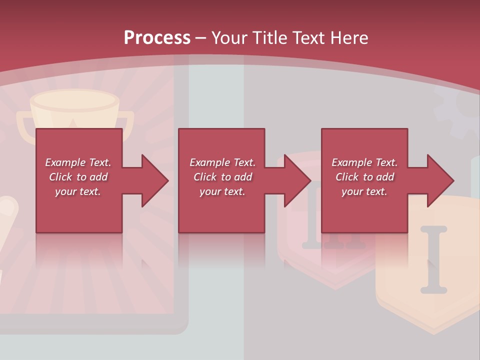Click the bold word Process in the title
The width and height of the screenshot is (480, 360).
(x=157, y=38)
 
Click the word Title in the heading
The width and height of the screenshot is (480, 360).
(x=268, y=38)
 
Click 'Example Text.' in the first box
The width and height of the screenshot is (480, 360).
(x=78, y=162)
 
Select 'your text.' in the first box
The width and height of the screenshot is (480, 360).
(x=78, y=191)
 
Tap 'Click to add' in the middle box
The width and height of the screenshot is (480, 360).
(x=222, y=177)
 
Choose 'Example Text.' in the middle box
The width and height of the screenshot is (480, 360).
(x=222, y=162)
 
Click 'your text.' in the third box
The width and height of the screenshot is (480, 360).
(x=364, y=191)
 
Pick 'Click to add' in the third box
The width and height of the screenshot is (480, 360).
(x=364, y=177)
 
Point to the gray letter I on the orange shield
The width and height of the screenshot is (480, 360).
(x=433, y=260)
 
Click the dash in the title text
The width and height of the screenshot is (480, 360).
(x=200, y=38)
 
